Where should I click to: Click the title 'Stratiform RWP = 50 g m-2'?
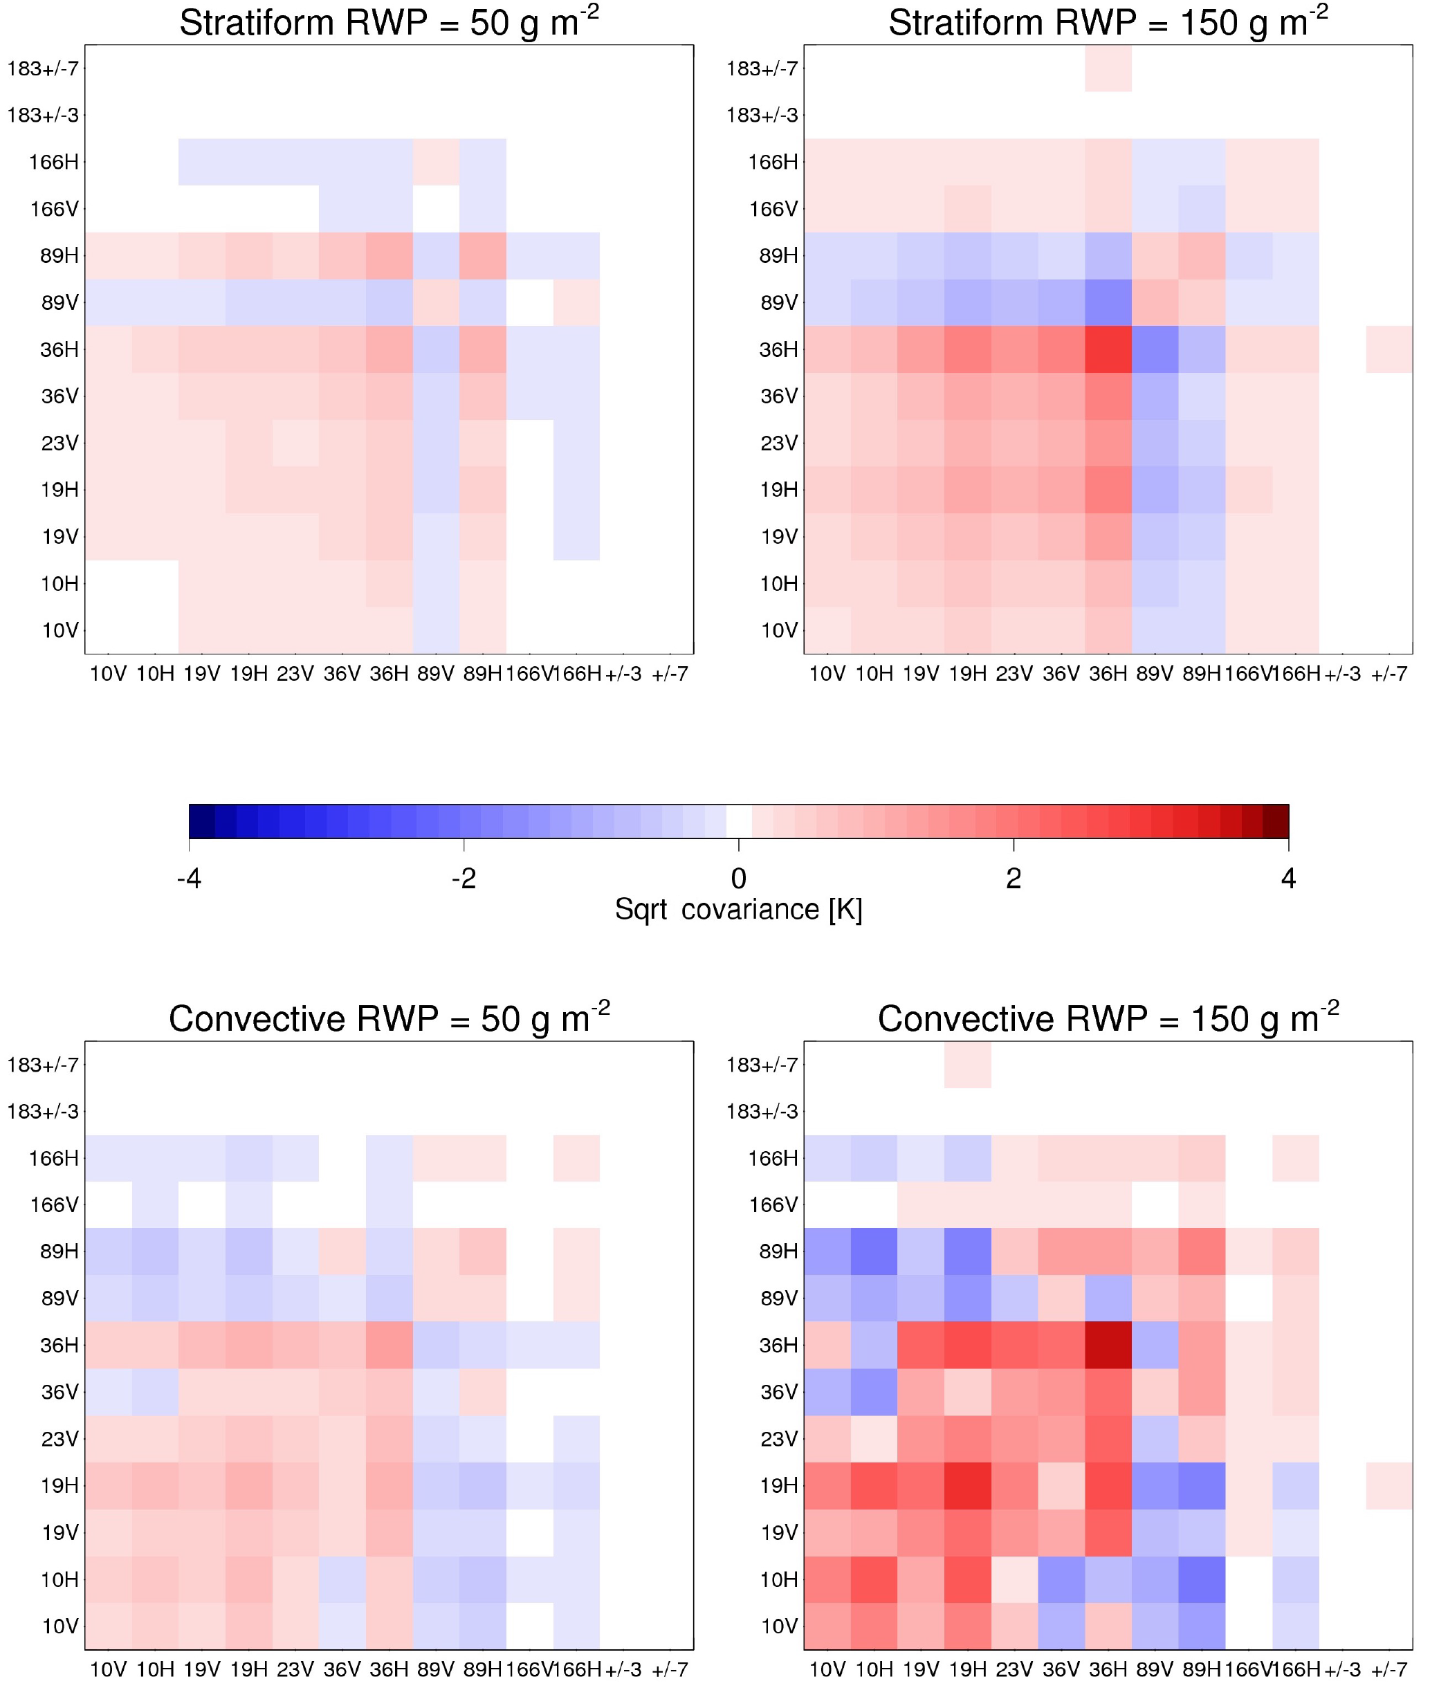point(388,23)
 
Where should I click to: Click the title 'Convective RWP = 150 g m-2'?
point(1108,1019)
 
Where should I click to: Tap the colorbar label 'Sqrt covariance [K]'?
point(737,910)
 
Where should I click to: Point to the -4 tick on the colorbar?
point(189,878)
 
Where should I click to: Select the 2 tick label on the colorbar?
point(1014,878)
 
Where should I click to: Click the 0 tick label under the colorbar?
point(738,878)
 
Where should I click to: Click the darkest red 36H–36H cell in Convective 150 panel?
point(1108,1345)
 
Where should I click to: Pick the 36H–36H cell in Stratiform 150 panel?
point(1108,349)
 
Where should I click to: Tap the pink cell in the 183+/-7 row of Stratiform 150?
point(1108,68)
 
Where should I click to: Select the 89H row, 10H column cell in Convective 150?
point(874,1251)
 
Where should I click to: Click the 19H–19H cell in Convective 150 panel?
point(968,1485)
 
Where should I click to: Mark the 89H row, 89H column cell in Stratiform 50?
point(483,255)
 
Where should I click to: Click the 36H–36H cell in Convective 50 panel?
point(389,1345)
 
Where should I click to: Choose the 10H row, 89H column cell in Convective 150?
point(1202,1579)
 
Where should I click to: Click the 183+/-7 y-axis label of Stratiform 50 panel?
point(43,68)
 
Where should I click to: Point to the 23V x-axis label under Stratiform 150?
point(1014,674)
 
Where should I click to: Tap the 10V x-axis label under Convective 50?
point(108,1669)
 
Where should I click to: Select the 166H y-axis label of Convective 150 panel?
point(773,1158)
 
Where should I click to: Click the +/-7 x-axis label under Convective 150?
point(1388,1669)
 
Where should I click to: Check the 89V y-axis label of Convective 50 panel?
point(59,1298)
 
